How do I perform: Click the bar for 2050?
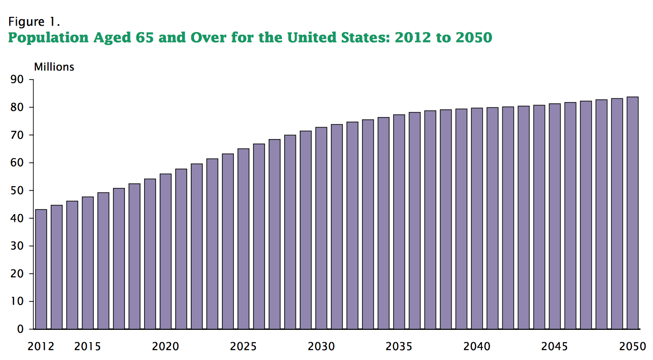632,213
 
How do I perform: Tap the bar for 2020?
165,251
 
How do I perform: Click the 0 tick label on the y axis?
20,329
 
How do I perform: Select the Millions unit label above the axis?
54,67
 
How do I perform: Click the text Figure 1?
34,21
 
